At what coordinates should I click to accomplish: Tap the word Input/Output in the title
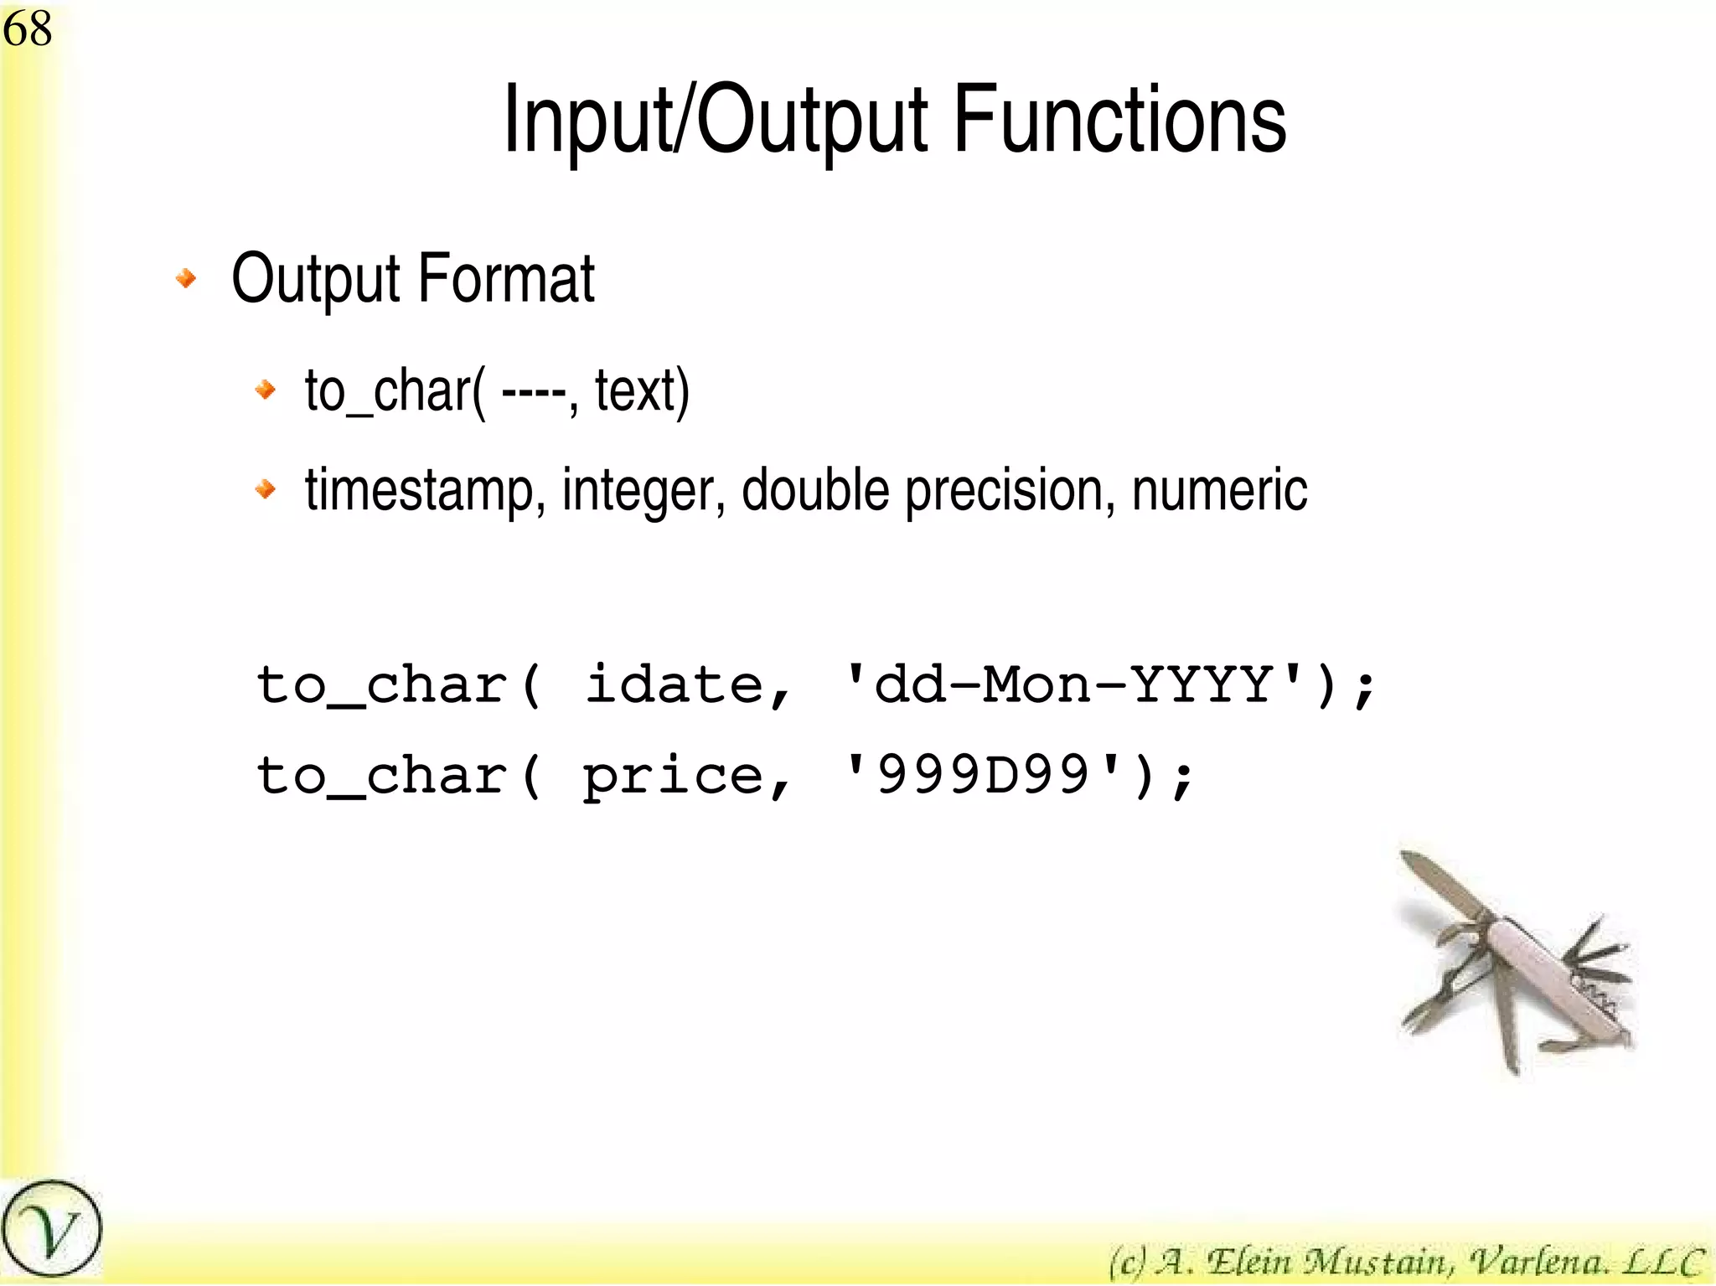716,121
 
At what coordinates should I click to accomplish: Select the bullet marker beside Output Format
186,278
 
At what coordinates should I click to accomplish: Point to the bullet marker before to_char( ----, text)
266,390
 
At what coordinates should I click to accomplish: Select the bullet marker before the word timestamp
266,488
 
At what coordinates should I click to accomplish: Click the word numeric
1219,490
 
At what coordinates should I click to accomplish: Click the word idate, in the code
687,686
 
